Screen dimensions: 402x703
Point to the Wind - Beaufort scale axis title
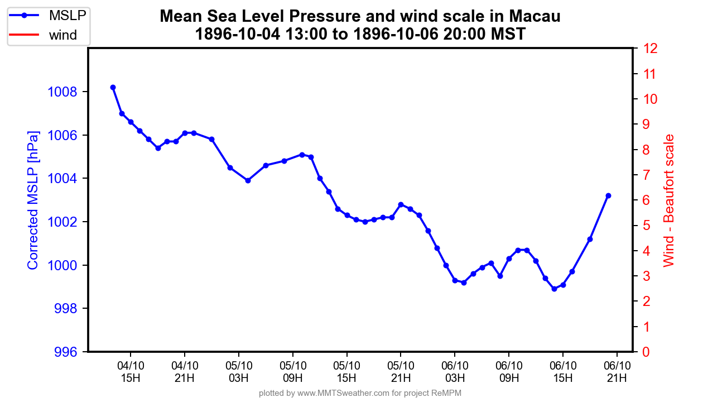click(x=669, y=200)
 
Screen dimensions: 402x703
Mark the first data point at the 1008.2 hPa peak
click(x=113, y=87)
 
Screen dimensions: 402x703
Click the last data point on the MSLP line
click(x=608, y=195)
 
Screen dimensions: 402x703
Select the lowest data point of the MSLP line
click(x=554, y=289)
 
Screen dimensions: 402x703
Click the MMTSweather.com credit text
click(x=360, y=393)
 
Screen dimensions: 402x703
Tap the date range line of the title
click(x=360, y=34)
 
